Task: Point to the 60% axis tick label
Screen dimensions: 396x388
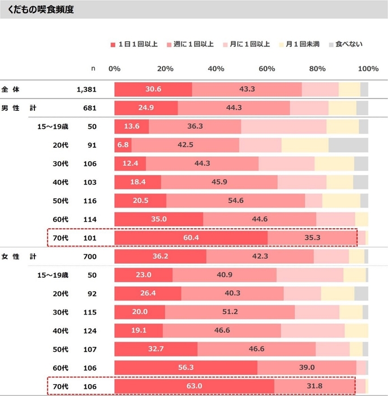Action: point(266,68)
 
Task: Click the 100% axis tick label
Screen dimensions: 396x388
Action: point(368,68)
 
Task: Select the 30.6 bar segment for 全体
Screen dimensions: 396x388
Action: point(153,89)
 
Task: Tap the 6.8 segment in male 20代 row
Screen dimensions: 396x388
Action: point(123,145)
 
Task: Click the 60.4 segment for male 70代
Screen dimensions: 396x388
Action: point(191,238)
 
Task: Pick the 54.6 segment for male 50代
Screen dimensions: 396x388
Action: point(235,201)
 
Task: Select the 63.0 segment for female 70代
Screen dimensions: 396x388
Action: point(194,386)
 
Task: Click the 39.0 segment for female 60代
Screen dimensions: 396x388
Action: point(307,368)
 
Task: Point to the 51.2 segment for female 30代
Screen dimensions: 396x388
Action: point(230,312)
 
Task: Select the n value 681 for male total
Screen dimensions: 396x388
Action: point(90,107)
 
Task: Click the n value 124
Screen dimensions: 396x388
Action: point(90,331)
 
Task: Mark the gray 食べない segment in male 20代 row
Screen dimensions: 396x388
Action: point(348,145)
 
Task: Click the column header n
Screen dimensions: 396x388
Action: point(94,68)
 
